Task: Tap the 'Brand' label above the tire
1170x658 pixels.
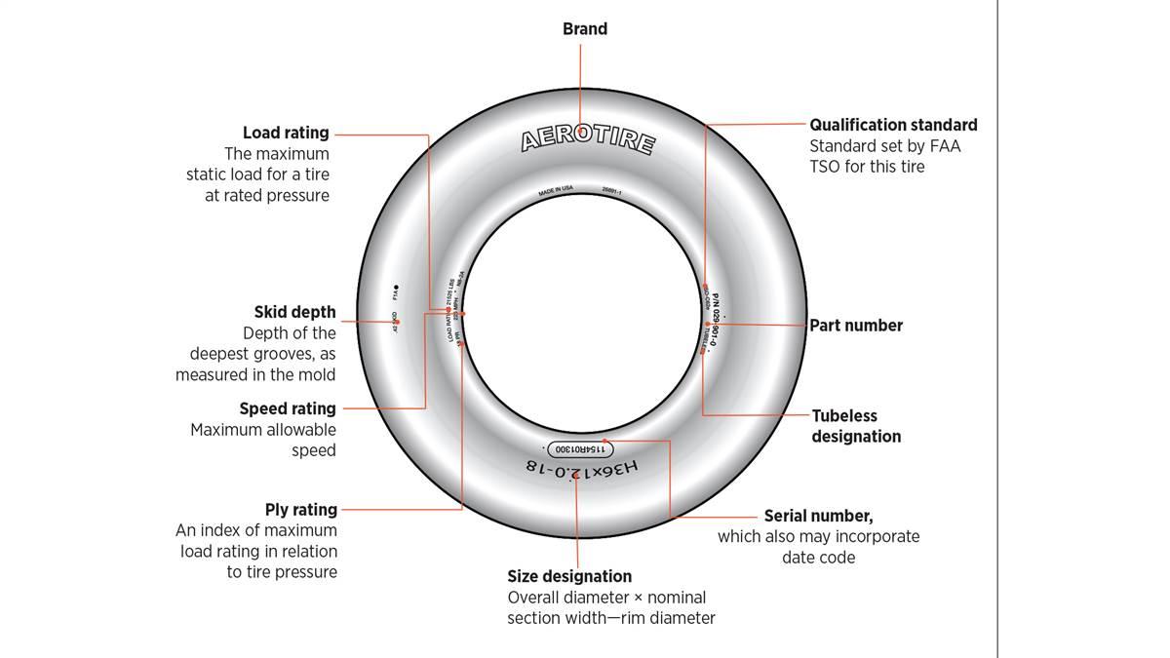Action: [x=585, y=29]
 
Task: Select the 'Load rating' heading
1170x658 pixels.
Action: [x=286, y=133]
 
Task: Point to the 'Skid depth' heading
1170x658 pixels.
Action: [x=294, y=312]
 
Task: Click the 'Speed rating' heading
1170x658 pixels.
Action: [x=288, y=408]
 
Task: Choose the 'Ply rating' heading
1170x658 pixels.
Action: [x=301, y=509]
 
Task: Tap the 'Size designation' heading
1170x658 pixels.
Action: [x=569, y=576]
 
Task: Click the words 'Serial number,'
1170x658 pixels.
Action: [x=818, y=516]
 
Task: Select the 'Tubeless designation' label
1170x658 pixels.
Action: [x=856, y=426]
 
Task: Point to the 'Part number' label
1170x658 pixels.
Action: [x=856, y=326]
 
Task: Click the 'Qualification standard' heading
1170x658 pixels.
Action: [x=893, y=125]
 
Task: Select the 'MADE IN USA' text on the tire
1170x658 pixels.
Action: [x=556, y=192]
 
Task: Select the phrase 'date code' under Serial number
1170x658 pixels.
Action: [x=819, y=557]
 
